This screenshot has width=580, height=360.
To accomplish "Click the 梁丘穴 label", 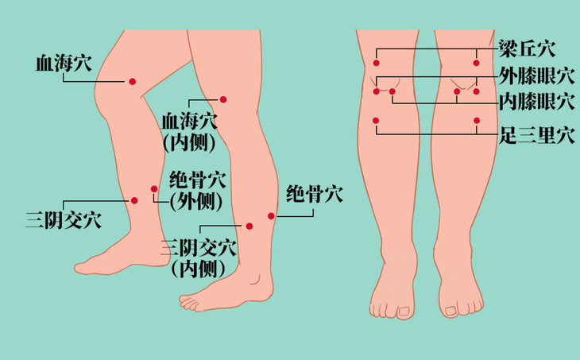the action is coord(527,48).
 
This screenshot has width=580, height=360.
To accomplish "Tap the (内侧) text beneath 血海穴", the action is coord(189,143).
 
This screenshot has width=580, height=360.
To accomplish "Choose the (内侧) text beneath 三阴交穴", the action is coord(199,269).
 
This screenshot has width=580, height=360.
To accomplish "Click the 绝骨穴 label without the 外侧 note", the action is coord(315,193).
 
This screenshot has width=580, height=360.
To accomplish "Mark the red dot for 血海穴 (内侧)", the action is coord(223,99).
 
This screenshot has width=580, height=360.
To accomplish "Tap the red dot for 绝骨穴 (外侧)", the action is coord(154,189).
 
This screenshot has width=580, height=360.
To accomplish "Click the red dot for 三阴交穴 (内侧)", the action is coord(249,226).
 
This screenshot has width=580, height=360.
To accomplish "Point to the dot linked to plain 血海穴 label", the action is coord(133,81).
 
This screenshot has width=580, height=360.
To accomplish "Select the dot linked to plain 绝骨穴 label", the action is coord(271,216).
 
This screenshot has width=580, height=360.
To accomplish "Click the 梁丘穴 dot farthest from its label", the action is coord(377,63).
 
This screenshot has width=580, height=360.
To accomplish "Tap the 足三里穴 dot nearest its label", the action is coord(477,121).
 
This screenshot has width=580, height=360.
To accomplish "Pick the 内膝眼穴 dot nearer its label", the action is coord(457,92).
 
